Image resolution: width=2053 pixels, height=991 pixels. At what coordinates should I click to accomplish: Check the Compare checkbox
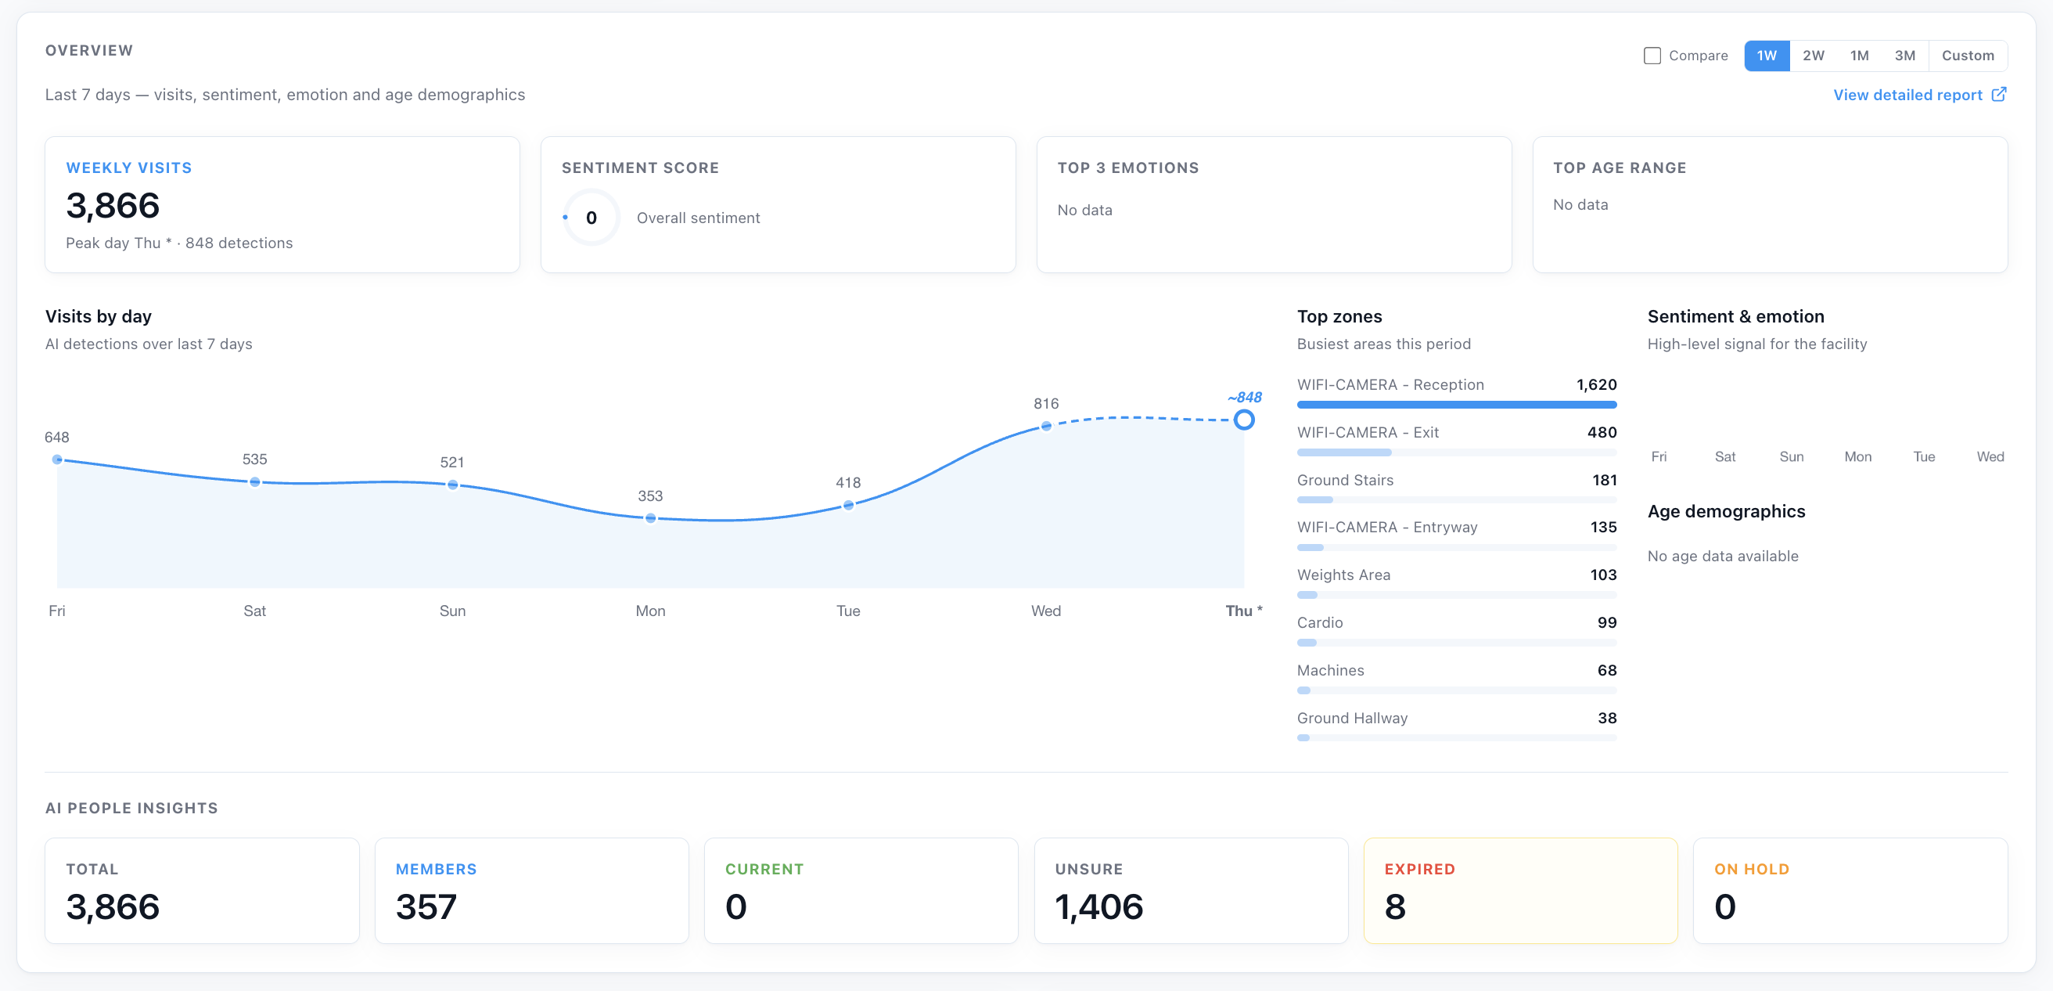[x=1652, y=56]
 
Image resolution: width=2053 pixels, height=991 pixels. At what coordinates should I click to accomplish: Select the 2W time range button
[x=1813, y=56]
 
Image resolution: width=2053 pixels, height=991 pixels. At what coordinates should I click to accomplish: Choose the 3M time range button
[x=1905, y=56]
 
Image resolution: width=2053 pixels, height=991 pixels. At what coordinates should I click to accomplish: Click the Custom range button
[x=1968, y=56]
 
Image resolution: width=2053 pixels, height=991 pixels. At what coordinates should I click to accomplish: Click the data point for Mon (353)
[x=650, y=518]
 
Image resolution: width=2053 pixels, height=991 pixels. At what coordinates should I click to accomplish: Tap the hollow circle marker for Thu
[x=1244, y=420]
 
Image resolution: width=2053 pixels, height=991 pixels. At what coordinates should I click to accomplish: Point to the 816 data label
[x=1045, y=403]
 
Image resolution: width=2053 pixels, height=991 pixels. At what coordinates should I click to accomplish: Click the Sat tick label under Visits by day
[x=255, y=611]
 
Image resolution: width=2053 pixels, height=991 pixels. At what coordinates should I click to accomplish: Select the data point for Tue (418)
[x=848, y=505]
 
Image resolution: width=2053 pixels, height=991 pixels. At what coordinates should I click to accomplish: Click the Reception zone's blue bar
[x=1457, y=405]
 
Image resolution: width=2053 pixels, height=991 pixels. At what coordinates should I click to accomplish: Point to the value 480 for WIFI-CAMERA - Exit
[x=1602, y=432]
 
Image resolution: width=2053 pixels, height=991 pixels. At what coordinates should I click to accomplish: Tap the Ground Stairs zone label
[x=1345, y=480]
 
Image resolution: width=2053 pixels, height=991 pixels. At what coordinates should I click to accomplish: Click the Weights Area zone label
[x=1343, y=575]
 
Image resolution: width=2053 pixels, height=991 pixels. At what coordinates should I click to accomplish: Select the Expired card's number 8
[x=1395, y=906]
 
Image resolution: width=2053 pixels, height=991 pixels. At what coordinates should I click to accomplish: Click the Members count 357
[x=426, y=906]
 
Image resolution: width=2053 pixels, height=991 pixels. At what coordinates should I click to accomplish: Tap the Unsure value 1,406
[x=1099, y=906]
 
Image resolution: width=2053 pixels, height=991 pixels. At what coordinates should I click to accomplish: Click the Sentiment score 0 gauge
[x=591, y=218]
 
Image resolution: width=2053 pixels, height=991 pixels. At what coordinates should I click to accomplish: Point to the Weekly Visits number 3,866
[x=113, y=206]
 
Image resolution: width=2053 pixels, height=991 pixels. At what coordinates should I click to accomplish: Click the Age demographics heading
[x=1726, y=512]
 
